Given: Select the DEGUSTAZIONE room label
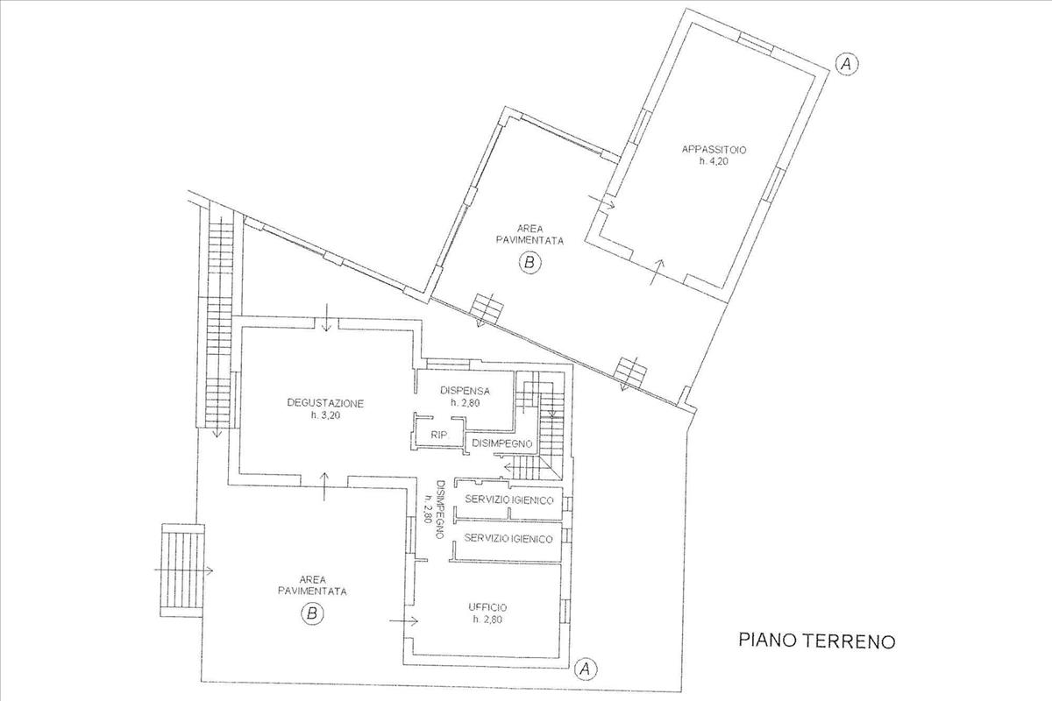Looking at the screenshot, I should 325,403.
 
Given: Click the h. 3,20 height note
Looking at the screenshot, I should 325,416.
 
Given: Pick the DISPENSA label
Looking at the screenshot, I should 466,390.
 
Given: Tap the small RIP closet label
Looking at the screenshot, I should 436,435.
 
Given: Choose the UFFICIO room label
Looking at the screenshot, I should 487,606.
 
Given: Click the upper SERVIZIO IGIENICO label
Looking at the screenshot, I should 508,499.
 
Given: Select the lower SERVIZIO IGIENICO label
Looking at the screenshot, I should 508,538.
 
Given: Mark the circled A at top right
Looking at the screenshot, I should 846,63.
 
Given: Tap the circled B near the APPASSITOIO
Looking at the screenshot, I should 529,261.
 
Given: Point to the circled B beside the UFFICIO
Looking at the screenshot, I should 312,614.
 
